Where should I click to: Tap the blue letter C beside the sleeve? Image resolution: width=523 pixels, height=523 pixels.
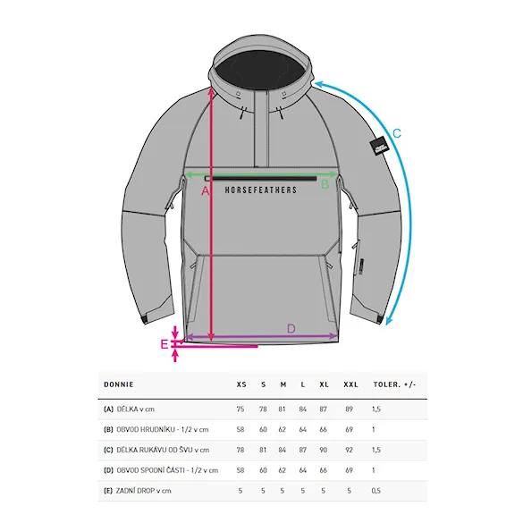tap(397, 134)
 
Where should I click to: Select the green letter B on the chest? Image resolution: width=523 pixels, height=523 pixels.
tap(325, 184)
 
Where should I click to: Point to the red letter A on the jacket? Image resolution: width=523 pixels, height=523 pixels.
tap(206, 191)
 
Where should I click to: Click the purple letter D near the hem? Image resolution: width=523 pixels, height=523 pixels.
tap(291, 329)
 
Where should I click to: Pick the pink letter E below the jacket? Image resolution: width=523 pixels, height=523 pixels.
tap(164, 344)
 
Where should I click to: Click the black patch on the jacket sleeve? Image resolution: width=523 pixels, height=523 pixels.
tap(380, 146)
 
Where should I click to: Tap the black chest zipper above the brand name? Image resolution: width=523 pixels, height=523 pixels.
tap(261, 179)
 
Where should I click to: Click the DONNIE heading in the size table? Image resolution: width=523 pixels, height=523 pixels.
tap(119, 384)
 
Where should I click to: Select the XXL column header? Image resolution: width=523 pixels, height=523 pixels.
tap(350, 384)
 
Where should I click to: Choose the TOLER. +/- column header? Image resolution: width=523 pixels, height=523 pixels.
tap(394, 384)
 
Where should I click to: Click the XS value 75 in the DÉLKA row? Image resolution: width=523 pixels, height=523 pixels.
tap(240, 409)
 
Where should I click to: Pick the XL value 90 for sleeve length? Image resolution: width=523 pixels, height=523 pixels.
tap(323, 450)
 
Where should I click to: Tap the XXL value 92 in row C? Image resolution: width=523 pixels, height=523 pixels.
tap(349, 450)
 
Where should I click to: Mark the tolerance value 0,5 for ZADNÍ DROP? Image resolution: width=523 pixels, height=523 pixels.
tap(375, 491)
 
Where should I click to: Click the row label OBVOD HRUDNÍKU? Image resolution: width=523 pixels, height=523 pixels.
tap(146, 429)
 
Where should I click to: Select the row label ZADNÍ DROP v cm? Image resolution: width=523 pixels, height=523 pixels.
tap(143, 491)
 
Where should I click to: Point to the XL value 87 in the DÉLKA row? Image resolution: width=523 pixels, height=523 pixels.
tap(323, 409)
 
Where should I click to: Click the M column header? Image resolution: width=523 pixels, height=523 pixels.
tap(283, 384)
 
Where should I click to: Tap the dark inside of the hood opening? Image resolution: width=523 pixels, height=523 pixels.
tap(259, 72)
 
